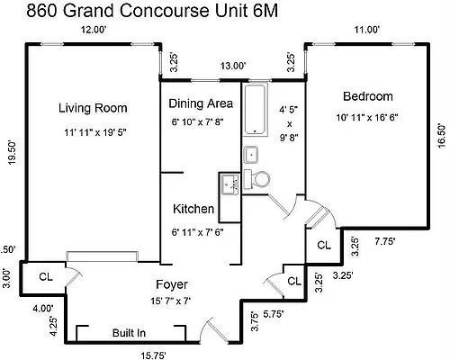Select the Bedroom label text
[367, 96]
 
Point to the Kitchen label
[193, 209]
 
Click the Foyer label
[170, 284]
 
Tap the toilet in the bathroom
[261, 178]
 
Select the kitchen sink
[229, 187]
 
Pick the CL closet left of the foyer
[43, 276]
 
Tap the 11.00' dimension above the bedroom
[366, 31]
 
